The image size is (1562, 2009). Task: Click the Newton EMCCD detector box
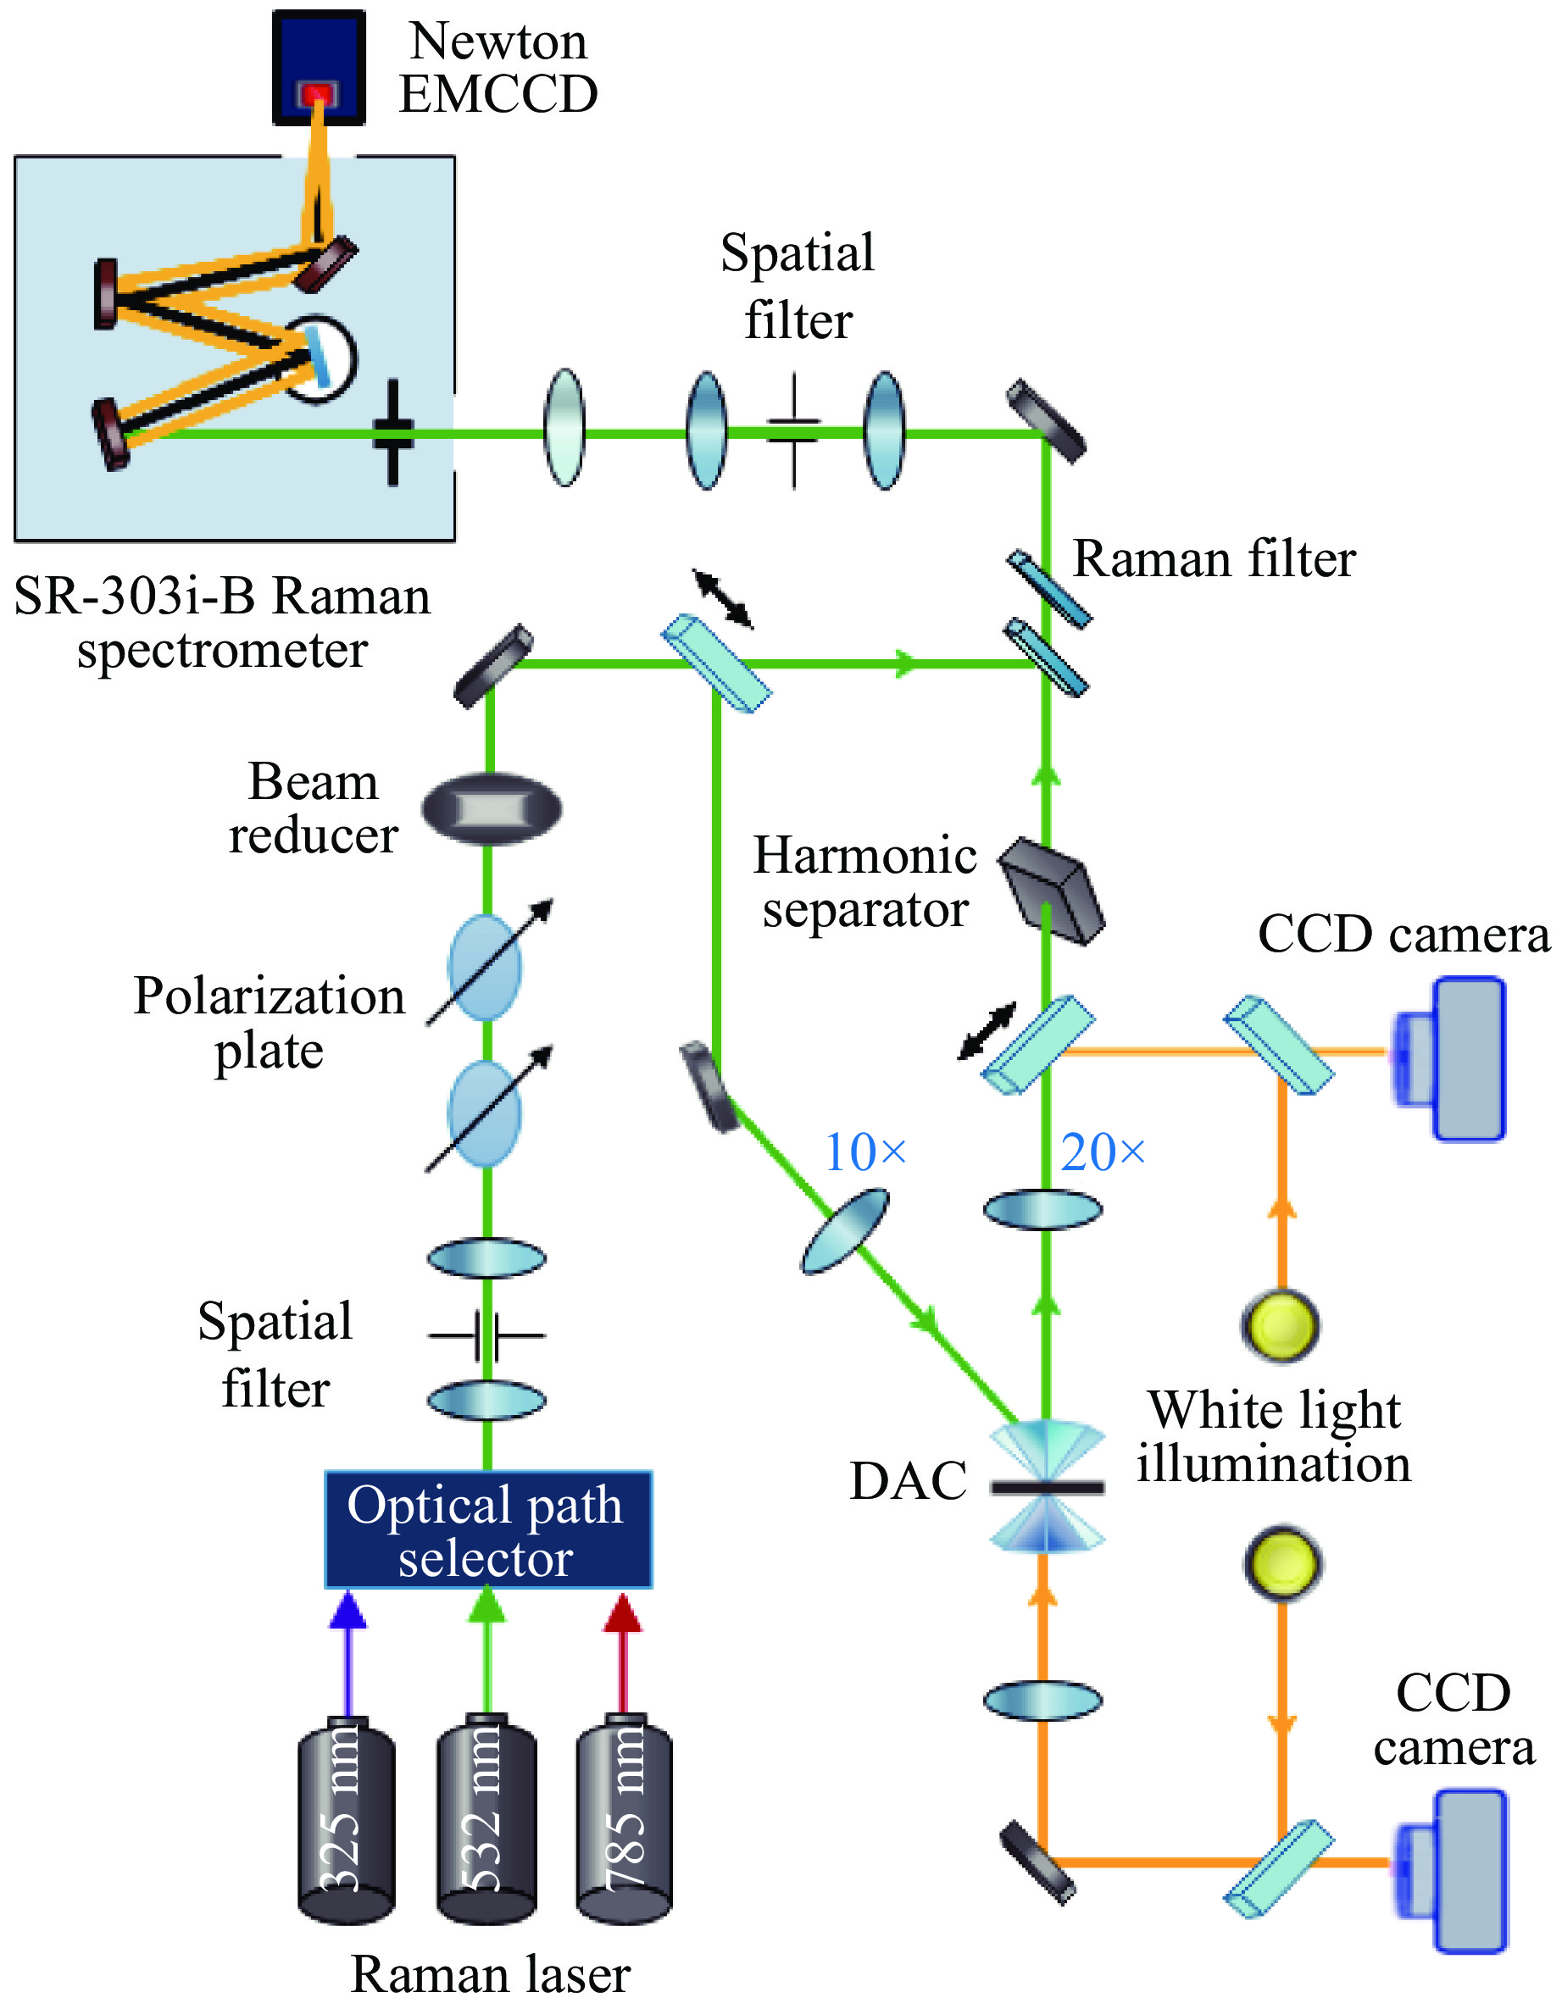click(x=319, y=66)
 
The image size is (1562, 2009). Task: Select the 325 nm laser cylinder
click(x=347, y=1822)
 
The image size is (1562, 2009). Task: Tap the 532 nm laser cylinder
click(x=486, y=1822)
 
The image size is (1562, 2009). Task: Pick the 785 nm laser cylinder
click(x=625, y=1822)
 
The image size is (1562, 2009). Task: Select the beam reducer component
click(x=492, y=809)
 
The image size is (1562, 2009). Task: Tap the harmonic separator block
click(x=1053, y=891)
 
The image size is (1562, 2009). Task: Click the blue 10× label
click(x=864, y=1152)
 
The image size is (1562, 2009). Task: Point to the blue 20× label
click(x=1102, y=1152)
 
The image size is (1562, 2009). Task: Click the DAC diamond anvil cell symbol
click(x=1047, y=1486)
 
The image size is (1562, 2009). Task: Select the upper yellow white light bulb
click(x=1281, y=1325)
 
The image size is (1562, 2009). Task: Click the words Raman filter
click(x=1215, y=559)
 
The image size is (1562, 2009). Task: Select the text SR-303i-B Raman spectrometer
click(x=222, y=623)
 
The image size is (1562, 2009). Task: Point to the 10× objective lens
click(x=845, y=1231)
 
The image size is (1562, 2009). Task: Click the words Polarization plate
click(x=269, y=1022)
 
